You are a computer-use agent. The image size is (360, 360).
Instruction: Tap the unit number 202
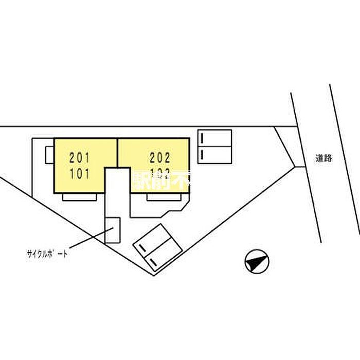(160, 155)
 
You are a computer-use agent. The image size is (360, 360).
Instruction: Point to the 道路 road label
(324, 159)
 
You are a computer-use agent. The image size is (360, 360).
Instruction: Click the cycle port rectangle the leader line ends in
(113, 230)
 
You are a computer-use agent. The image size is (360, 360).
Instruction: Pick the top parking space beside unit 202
(215, 138)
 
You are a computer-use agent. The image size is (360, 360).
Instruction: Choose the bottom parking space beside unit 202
(215, 155)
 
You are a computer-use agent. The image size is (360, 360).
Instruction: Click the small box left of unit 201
(50, 154)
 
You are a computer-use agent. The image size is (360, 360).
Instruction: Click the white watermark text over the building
(162, 180)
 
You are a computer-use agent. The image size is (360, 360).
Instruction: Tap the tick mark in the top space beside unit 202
(203, 138)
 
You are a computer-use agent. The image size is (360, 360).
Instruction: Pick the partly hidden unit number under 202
(160, 174)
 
